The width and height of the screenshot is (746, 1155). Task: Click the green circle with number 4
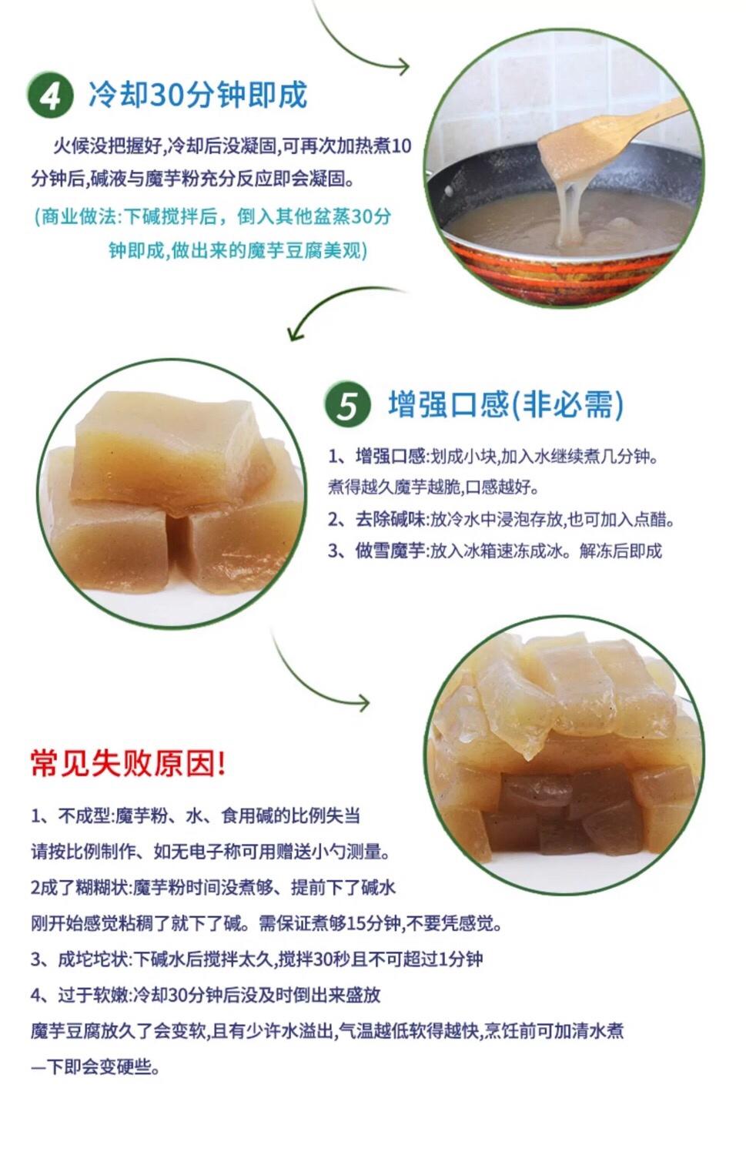50,95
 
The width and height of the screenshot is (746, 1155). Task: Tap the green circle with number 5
347,405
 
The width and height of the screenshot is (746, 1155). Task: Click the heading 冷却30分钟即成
197,95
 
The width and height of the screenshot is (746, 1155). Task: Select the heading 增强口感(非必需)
506,404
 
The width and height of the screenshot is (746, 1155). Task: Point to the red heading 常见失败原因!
129,764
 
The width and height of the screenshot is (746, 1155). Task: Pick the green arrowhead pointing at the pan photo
402,67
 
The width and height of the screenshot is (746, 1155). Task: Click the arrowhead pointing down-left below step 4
296,333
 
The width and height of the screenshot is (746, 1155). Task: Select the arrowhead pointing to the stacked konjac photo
363,702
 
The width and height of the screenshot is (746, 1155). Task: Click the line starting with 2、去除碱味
501,519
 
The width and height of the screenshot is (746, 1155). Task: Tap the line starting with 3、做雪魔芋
495,551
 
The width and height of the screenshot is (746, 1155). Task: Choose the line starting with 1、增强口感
493,457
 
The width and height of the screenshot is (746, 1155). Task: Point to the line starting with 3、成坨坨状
256,959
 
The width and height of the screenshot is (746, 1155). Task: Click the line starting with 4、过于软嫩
206,995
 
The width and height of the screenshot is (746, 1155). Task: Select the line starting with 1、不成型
196,815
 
